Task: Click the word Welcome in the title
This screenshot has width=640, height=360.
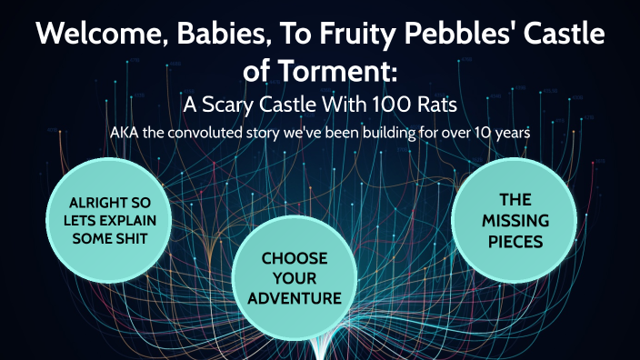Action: coord(99,37)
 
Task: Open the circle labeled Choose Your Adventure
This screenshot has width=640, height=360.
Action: coord(294,278)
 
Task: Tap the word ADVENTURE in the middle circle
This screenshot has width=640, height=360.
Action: coord(294,297)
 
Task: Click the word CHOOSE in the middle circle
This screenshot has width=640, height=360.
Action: coord(294,259)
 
